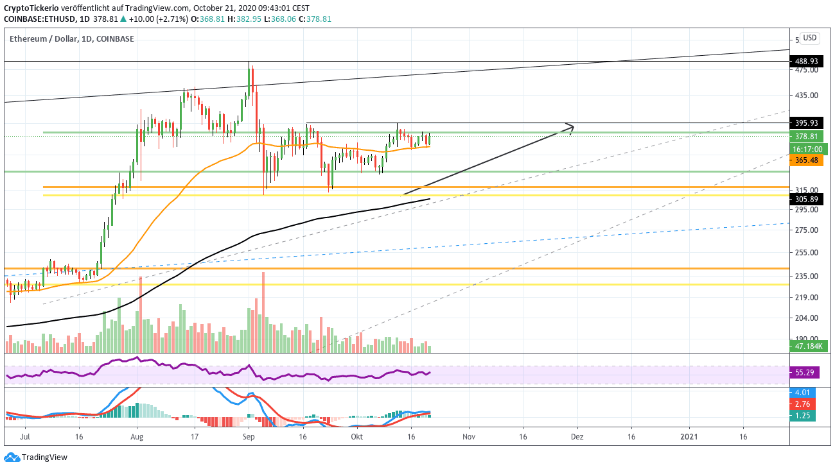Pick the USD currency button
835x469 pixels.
click(809, 38)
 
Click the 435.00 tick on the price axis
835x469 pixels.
click(807, 96)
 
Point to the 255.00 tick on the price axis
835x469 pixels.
click(807, 253)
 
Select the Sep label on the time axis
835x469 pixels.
click(249, 437)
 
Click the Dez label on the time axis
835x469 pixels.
click(577, 437)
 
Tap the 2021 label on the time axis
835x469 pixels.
click(689, 437)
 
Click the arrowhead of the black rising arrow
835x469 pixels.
click(571, 127)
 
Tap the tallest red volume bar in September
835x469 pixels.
click(263, 312)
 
